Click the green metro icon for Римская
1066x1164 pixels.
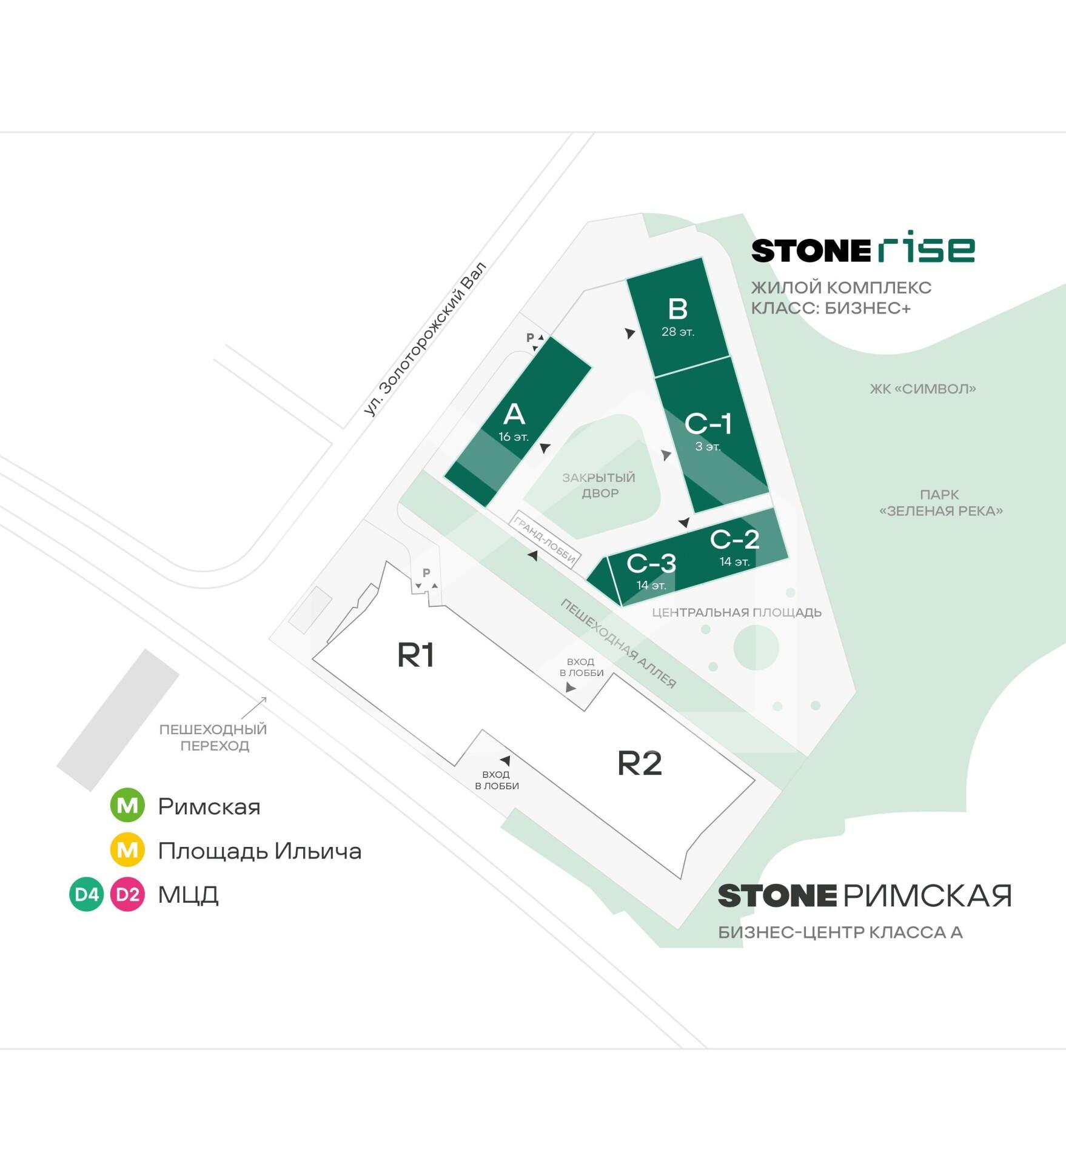(127, 806)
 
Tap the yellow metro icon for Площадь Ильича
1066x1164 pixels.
(127, 850)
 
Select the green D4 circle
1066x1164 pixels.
(87, 894)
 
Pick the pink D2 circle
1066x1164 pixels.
(127, 894)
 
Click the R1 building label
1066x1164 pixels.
(416, 655)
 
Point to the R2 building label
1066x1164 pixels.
(639, 763)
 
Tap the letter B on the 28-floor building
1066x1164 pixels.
(677, 309)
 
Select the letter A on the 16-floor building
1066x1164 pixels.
(514, 415)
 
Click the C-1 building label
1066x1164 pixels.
(708, 424)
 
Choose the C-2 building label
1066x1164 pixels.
(734, 539)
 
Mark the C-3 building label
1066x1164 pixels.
(651, 563)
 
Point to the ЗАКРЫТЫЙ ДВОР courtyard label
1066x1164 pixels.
(599, 485)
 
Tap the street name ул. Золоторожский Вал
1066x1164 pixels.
(425, 339)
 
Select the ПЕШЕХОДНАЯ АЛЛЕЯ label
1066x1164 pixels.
(618, 643)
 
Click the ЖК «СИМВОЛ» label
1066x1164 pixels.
(923, 389)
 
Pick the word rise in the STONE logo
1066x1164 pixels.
(926, 247)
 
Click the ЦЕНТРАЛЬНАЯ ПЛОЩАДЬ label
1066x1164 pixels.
(737, 612)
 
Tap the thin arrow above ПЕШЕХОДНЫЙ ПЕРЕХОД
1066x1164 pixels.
(255, 707)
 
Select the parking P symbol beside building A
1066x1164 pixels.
(531, 338)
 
